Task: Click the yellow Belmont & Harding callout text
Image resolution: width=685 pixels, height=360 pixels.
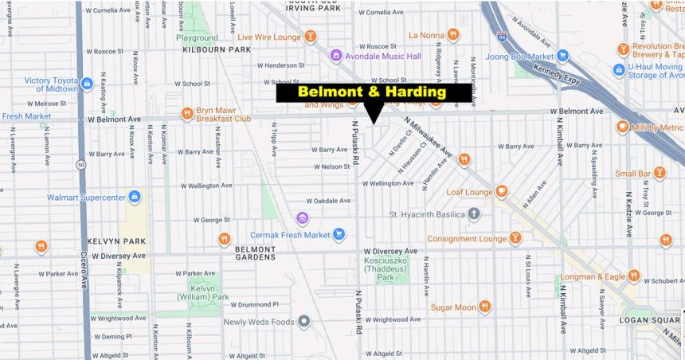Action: [x=372, y=92]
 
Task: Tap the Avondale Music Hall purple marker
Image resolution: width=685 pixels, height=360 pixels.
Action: [x=336, y=56]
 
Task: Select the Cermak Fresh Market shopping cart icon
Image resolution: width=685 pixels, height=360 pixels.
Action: [x=339, y=234]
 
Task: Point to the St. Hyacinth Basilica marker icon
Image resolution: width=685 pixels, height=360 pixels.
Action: [x=474, y=213]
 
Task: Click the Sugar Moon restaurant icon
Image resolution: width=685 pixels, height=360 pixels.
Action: [x=484, y=307]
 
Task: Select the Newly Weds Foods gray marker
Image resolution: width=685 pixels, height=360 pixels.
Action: [x=303, y=322]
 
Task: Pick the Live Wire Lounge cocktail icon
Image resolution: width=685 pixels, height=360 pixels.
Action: [x=310, y=36]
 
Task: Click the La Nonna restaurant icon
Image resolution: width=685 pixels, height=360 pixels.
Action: [x=452, y=34]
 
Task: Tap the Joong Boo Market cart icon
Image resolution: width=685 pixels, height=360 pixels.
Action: [x=562, y=56]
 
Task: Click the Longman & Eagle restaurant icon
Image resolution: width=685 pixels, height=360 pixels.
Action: [x=634, y=276]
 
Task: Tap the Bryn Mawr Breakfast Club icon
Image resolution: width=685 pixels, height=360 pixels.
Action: [x=188, y=113]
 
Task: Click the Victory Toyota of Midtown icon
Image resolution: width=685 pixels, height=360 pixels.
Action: [x=87, y=83]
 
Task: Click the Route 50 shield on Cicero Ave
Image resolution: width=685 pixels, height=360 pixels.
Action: [x=81, y=166]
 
